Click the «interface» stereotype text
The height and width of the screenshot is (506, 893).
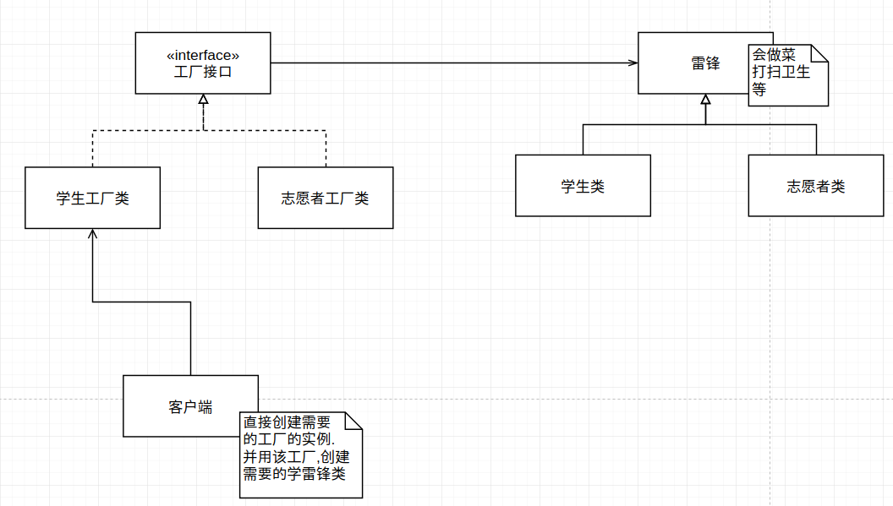tap(203, 56)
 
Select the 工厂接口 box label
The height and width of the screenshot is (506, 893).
tap(203, 72)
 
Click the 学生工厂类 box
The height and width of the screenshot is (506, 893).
tap(92, 198)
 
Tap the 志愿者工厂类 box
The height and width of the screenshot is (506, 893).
tap(326, 198)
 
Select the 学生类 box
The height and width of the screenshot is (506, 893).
tap(583, 185)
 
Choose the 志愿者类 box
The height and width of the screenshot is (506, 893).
tap(815, 185)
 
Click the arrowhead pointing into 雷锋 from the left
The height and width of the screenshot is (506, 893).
tap(633, 63)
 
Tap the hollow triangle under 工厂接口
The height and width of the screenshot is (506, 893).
tap(203, 99)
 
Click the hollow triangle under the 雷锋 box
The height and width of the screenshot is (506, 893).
tap(705, 100)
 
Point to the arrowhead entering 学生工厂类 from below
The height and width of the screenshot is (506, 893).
tap(92, 234)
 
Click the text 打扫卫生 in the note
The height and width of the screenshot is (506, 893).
tap(781, 72)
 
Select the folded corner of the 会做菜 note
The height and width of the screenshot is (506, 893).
tap(819, 52)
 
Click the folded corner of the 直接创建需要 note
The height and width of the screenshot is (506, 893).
tap(353, 421)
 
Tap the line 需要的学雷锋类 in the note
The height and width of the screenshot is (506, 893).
tap(294, 474)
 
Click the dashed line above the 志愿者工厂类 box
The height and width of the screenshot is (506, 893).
tap(326, 148)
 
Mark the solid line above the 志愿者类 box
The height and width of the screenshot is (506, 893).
tap(816, 139)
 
